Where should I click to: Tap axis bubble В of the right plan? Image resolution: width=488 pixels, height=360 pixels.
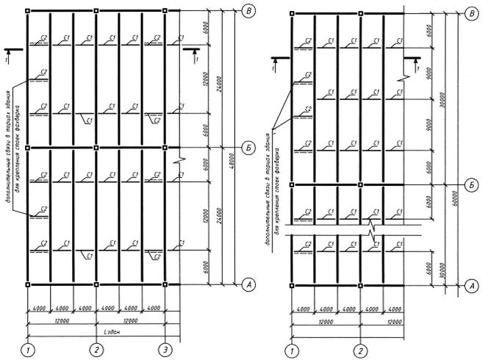pos(472,14)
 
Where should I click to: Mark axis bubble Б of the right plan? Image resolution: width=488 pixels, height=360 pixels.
pos(472,184)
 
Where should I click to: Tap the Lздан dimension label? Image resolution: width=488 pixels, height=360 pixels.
pos(96,331)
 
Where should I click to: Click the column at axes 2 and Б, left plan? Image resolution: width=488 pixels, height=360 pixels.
pos(96,148)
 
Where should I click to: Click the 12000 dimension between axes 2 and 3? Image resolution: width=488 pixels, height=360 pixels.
pos(131,321)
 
